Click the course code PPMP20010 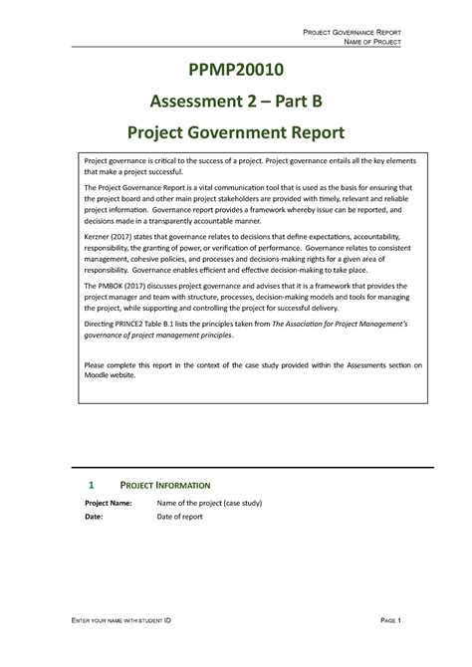[x=236, y=71]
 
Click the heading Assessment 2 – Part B [x=236, y=101]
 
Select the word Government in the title [x=252, y=131]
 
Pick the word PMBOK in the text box [x=116, y=283]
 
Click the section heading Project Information [x=164, y=485]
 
